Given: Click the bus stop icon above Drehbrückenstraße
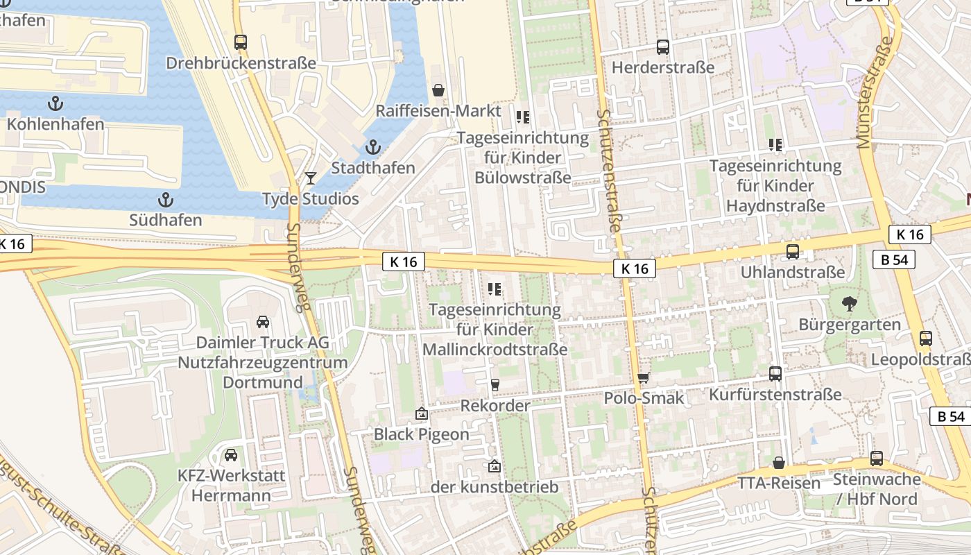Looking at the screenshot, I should [241, 42].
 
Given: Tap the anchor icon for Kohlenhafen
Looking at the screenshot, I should [55, 104].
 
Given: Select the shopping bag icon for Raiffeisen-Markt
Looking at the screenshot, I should [438, 90].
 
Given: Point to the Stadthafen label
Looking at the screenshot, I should [373, 168].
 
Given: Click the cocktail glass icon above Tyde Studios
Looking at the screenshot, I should [310, 178].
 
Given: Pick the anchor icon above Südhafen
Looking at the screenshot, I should [165, 200].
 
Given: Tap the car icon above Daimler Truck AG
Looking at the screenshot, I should [263, 322].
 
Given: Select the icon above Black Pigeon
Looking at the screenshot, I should [421, 414].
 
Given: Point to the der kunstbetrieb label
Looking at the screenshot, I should [495, 487].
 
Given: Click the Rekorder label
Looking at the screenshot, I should [495, 405].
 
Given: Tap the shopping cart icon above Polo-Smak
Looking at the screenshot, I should [644, 377].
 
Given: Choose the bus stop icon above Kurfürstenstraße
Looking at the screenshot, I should [775, 374].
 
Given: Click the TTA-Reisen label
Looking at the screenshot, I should [779, 483].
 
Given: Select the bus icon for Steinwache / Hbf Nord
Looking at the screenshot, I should [877, 459].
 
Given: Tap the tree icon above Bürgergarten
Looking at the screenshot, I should [848, 303].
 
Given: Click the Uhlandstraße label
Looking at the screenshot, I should [793, 272].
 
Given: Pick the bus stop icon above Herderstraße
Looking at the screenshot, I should [663, 47].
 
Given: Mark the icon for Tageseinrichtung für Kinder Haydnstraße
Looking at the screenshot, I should [775, 145].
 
